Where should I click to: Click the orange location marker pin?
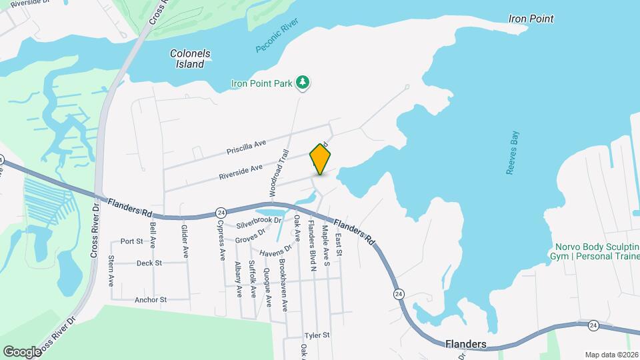pyautogui.click(x=321, y=159)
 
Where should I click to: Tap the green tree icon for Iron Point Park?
pyautogui.click(x=303, y=82)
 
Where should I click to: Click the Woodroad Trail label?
pyautogui.click(x=281, y=172)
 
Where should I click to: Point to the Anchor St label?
pyautogui.click(x=150, y=300)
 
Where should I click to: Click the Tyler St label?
pyautogui.click(x=317, y=335)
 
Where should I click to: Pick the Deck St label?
pyautogui.click(x=149, y=263)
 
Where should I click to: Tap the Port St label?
pyautogui.click(x=131, y=241)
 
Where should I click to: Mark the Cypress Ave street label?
pyautogui.click(x=221, y=240)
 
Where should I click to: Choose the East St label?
pyautogui.click(x=339, y=245)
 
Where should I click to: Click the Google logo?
pyautogui.click(x=22, y=351)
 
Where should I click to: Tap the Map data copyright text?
pyautogui.click(x=609, y=355)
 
